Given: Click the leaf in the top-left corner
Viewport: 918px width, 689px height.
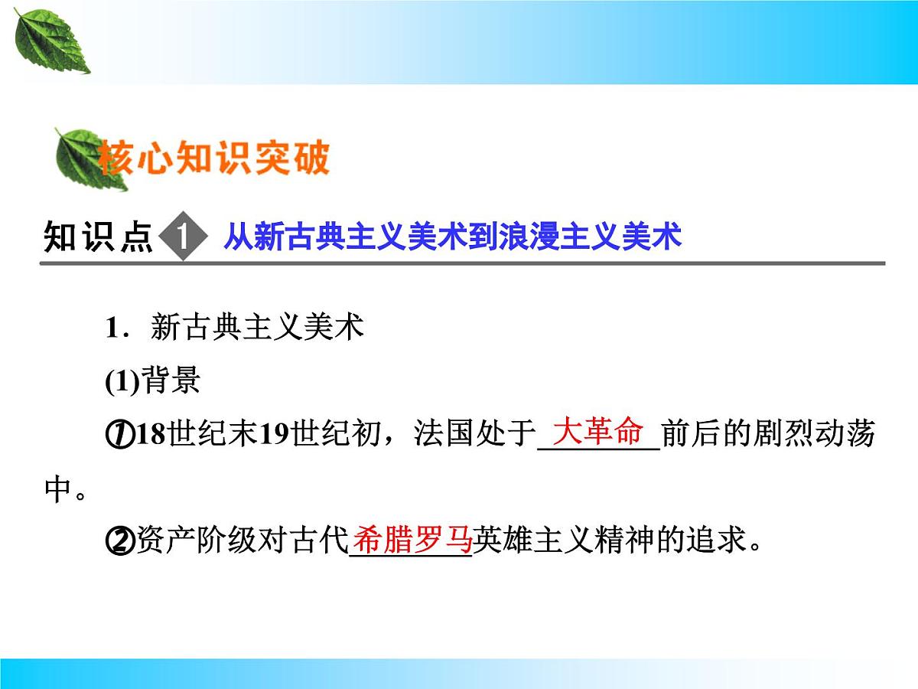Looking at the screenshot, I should pos(51,43).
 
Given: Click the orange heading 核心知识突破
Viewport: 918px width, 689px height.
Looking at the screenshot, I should pos(215,159).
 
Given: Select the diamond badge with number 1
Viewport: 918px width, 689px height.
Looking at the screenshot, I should pos(183,238).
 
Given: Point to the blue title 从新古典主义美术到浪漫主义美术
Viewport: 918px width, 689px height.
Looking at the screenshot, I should pos(451,238).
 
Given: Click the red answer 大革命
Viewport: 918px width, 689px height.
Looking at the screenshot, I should pos(598,433).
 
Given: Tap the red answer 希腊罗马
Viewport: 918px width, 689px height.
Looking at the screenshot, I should pos(412,540).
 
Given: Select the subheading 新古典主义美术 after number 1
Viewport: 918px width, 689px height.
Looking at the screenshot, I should pos(256,328).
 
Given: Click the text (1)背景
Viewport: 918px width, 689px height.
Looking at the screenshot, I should pos(152,380).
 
